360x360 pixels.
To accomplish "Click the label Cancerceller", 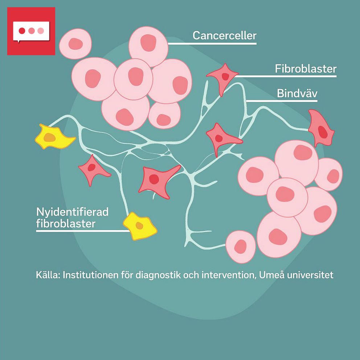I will pos(224,36).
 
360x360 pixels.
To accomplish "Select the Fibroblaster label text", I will pos(306,69).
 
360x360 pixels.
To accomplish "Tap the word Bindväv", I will pos(297,93).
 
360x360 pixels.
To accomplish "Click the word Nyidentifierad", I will pos(72,212).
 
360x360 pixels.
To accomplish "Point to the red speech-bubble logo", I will pos(31,31).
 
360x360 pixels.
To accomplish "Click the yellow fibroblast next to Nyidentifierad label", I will pos(140,226).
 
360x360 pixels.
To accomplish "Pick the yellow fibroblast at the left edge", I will pos(54,137).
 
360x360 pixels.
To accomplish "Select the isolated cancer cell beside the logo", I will pos(75,44).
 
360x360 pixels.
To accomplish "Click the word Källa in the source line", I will pos(48,275).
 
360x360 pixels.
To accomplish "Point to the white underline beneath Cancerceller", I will pos(212,44).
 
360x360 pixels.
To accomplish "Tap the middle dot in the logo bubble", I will pos(31,30).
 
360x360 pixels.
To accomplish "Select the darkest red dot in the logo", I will pos(22,30).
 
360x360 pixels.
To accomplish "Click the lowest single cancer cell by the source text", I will pos(241,247).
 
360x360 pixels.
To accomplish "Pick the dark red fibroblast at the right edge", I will pos(320,129).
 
